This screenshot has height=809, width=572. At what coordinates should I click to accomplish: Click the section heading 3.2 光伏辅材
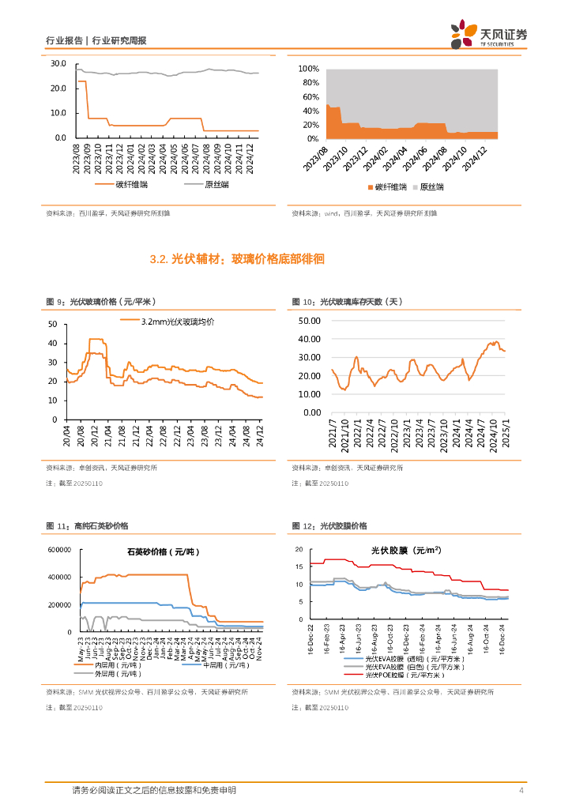tap(237, 259)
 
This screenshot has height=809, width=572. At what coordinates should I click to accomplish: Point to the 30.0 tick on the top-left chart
tap(58, 63)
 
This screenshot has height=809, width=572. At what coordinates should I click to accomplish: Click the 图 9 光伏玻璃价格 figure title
tap(102, 302)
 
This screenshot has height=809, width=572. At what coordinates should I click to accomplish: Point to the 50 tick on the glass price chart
tap(52, 325)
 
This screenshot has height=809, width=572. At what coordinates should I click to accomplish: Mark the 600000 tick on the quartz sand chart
tap(58, 549)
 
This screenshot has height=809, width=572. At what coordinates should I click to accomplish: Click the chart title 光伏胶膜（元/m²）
tap(406, 551)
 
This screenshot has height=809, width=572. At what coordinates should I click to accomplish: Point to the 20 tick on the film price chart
tap(299, 549)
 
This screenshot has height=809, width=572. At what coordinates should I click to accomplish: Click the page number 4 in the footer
tap(521, 791)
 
